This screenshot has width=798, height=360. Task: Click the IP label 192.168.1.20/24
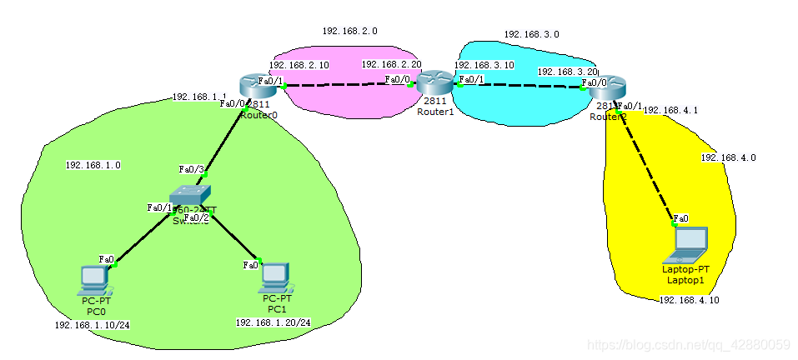click(273, 322)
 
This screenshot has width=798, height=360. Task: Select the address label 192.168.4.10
click(689, 300)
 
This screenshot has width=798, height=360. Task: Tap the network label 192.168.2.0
click(349, 31)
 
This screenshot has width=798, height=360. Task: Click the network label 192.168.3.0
click(531, 35)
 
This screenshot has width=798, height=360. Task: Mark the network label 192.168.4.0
click(728, 157)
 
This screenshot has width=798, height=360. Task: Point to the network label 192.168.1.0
click(93, 165)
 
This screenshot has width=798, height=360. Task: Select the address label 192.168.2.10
click(299, 64)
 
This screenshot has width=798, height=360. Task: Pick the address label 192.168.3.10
click(484, 64)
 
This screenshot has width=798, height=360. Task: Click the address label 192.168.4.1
click(670, 109)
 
